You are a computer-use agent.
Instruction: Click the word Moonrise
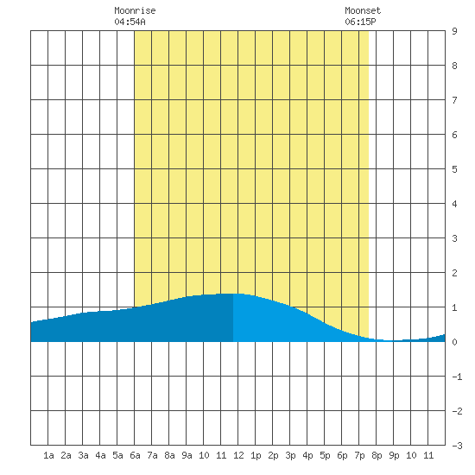pyautogui.click(x=135, y=10)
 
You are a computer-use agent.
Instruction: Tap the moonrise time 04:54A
pyautogui.click(x=130, y=22)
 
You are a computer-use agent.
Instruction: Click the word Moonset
pyautogui.click(x=363, y=10)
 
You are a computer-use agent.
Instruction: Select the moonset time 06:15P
pyautogui.click(x=360, y=22)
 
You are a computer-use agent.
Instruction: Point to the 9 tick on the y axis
pyautogui.click(x=454, y=31)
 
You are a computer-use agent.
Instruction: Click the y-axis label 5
pyautogui.click(x=454, y=169)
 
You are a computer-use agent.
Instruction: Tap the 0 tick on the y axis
pyautogui.click(x=454, y=342)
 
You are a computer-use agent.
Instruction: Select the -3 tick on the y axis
pyautogui.click(x=457, y=446)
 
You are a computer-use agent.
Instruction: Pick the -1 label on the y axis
pyautogui.click(x=457, y=377)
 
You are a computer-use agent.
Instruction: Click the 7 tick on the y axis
pyautogui.click(x=454, y=100)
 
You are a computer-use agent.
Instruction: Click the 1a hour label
pyautogui.click(x=48, y=455)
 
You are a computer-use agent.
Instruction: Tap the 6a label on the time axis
pyautogui.click(x=135, y=455)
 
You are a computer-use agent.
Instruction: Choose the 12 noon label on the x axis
pyautogui.click(x=238, y=455)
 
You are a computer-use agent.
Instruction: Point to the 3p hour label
pyautogui.click(x=290, y=455)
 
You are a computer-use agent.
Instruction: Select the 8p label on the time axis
pyautogui.click(x=377, y=455)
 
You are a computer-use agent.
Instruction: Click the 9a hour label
pyautogui.click(x=187, y=455)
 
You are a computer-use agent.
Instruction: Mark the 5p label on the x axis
pyautogui.click(x=325, y=455)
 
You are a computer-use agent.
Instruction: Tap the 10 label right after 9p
pyautogui.click(x=411, y=455)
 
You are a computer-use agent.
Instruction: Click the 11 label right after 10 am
pyautogui.click(x=221, y=455)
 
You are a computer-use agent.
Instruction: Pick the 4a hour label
pyautogui.click(x=100, y=455)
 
